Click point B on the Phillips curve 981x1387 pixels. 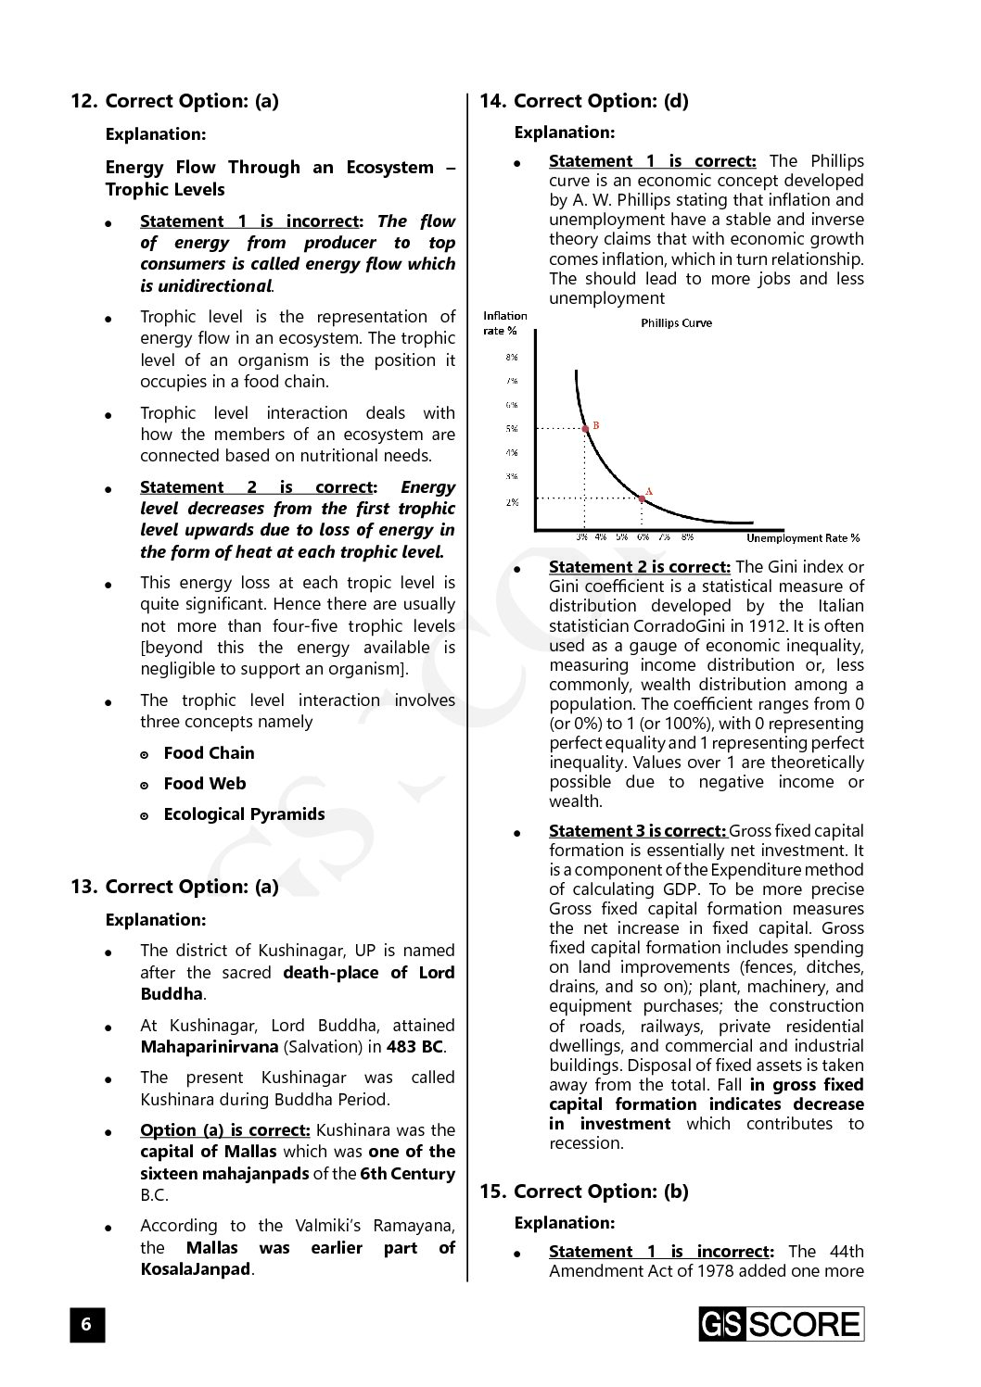(585, 428)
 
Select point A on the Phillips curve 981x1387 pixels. (642, 498)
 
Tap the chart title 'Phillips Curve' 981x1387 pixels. (677, 323)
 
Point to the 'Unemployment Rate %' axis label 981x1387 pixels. (802, 538)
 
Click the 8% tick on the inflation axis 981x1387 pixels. (512, 357)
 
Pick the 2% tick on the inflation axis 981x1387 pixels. (512, 502)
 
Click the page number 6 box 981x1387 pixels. (87, 1324)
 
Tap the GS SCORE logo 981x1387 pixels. (781, 1324)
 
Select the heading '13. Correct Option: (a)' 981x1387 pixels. (175, 887)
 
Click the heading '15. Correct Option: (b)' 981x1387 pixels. (584, 1192)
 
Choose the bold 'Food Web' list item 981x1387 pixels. (205, 784)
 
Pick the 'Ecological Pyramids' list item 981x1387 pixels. (244, 814)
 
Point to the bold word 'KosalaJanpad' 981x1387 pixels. (196, 1269)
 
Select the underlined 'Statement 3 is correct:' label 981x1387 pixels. (637, 831)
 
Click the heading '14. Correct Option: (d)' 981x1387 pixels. (584, 101)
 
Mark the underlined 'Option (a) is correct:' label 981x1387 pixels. (225, 1130)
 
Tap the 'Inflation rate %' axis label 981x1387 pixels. (505, 323)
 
